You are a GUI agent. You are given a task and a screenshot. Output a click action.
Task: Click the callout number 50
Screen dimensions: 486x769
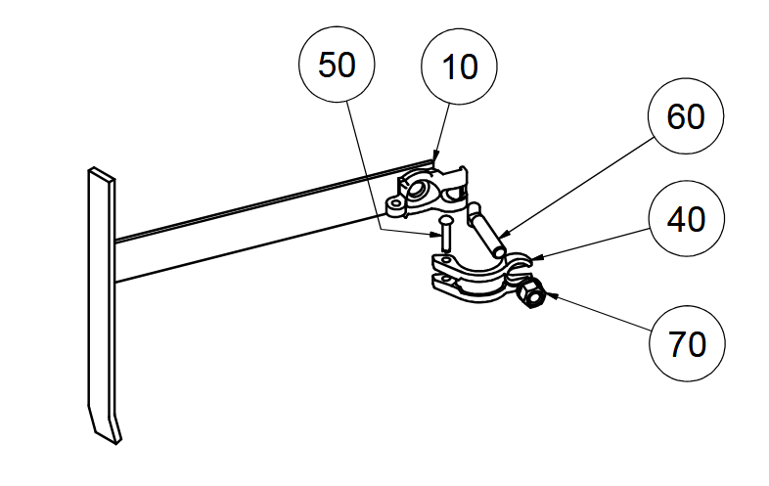[339, 66]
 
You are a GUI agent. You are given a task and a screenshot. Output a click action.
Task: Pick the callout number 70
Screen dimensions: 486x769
[687, 343]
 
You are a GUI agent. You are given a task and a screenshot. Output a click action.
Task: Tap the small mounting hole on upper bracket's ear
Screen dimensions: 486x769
[396, 206]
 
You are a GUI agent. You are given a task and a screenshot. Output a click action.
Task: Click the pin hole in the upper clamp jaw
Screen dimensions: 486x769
[446, 261]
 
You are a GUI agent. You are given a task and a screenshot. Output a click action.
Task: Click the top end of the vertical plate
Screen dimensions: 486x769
[102, 173]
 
